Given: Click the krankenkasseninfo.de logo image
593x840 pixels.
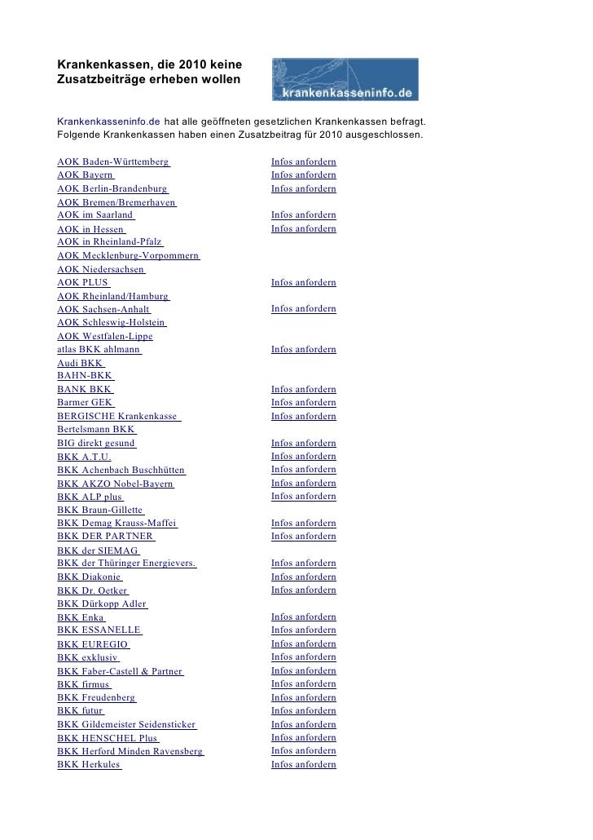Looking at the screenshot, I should (x=345, y=79).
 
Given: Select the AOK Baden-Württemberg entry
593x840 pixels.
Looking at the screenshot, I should (x=113, y=162).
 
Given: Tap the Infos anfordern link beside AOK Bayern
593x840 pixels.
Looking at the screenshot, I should (x=303, y=175).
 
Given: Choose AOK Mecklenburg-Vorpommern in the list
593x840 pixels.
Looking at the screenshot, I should (x=128, y=256).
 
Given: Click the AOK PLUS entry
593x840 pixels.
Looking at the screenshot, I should (x=82, y=283).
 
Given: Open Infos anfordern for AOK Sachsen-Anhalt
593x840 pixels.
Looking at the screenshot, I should (x=303, y=309).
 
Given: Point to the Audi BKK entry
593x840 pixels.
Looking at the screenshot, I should (x=81, y=363).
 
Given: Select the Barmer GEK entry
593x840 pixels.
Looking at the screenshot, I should (x=85, y=403).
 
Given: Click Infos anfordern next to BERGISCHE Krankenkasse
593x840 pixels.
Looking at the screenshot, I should (x=303, y=416).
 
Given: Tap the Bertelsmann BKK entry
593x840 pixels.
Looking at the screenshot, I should (x=96, y=430).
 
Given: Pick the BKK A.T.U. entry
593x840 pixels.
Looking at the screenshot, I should (x=84, y=457).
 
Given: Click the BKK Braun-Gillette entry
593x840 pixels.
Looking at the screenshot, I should (x=100, y=511).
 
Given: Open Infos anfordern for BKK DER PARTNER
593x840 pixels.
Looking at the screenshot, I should (x=303, y=537).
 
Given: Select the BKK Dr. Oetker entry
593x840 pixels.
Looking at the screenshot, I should (x=92, y=590).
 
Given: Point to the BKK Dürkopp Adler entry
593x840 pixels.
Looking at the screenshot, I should (x=102, y=603).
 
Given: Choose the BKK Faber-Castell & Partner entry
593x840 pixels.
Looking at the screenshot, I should (x=120, y=671).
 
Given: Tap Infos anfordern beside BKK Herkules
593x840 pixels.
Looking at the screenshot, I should (x=303, y=765).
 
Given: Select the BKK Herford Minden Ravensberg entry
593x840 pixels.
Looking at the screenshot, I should (x=130, y=751).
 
